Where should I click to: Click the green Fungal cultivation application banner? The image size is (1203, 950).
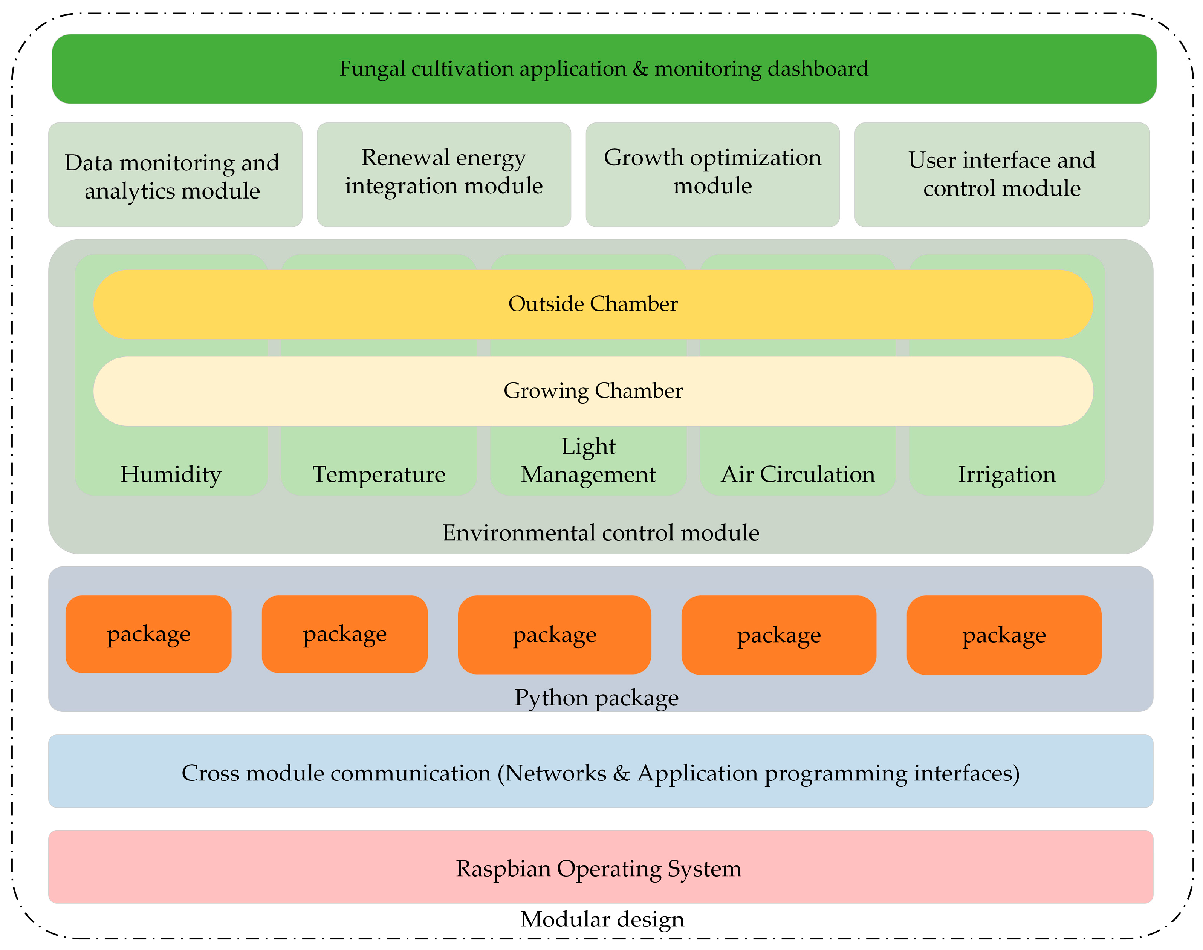pos(604,69)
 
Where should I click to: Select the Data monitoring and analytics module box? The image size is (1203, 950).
pos(175,175)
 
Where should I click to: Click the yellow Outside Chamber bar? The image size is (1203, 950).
pos(593,304)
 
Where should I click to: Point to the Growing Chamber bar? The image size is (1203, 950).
pos(593,391)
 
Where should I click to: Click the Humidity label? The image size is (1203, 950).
pos(171,474)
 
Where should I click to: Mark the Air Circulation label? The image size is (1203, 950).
pos(798,474)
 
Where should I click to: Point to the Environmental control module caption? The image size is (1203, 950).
pos(600,533)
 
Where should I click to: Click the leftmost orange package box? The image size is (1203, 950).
pos(148,634)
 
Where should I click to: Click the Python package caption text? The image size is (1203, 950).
pos(596,698)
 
